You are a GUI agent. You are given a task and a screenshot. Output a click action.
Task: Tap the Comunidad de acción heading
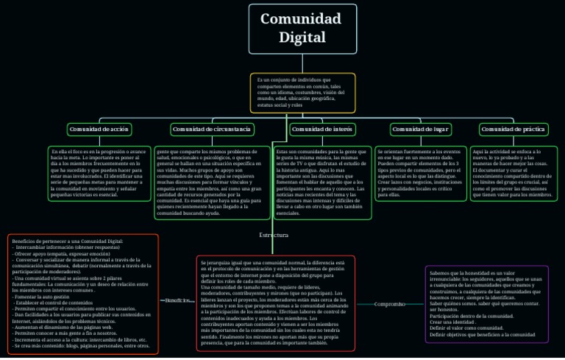(x=99, y=130)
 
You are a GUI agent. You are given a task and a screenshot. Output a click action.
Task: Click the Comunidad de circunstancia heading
(x=212, y=130)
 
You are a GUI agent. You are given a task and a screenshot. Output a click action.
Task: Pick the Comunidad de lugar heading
(x=421, y=130)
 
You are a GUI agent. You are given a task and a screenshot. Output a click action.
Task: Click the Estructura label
(x=274, y=235)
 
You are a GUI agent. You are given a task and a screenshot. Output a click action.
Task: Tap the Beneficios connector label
(x=177, y=300)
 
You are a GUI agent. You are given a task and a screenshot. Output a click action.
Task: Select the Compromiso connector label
(x=389, y=303)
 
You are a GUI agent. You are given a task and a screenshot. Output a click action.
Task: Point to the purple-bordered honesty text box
(x=486, y=303)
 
